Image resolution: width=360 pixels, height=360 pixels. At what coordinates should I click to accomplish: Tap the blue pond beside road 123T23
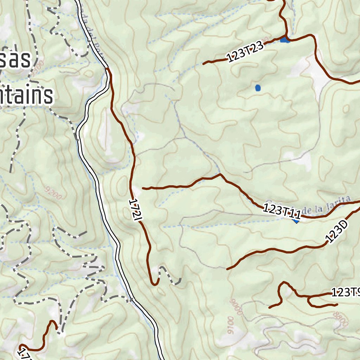click(x=285, y=39)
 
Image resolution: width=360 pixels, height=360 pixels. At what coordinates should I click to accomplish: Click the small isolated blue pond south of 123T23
click(x=258, y=88)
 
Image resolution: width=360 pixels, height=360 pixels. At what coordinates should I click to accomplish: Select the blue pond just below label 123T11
click(x=296, y=221)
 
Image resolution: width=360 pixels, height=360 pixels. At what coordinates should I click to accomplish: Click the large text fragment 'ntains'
click(x=26, y=96)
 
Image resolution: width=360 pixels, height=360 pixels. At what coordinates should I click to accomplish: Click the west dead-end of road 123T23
click(x=204, y=64)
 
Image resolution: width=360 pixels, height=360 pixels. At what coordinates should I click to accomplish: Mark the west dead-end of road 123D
click(x=227, y=269)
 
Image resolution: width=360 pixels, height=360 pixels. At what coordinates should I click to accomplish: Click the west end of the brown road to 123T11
click(x=143, y=188)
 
